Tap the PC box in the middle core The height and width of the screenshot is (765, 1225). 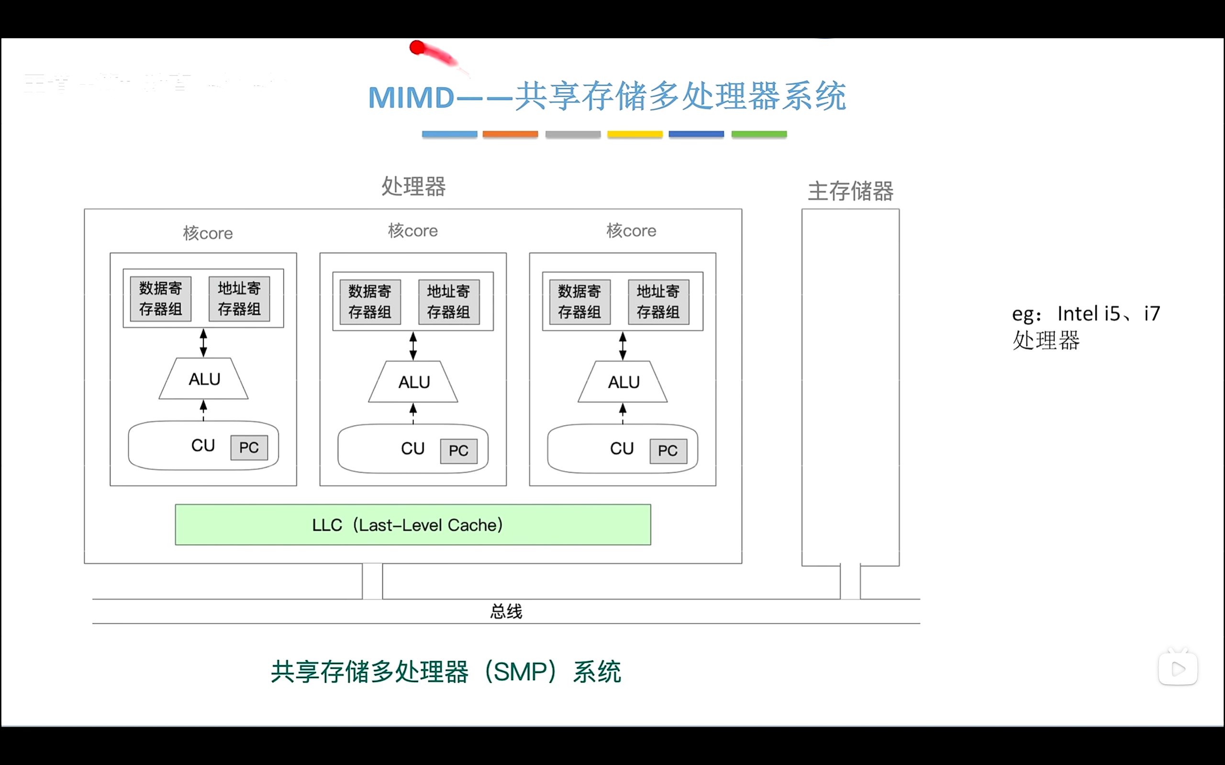pos(458,451)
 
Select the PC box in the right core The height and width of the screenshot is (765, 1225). pos(668,451)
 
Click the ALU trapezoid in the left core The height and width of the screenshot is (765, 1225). pos(204,379)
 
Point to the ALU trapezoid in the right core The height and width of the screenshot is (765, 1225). pos(623,382)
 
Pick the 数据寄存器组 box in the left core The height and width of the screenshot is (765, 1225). pos(160,298)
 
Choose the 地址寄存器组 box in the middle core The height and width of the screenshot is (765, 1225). pos(448,302)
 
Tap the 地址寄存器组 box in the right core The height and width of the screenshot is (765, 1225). pos(658,302)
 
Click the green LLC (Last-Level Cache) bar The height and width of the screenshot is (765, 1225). pos(412,525)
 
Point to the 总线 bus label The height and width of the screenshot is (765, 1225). pos(506,611)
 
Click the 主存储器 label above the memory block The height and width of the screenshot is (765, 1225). pos(850,191)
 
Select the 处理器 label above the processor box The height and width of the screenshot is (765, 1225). pos(413,186)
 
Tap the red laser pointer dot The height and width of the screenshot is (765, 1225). pos(417,47)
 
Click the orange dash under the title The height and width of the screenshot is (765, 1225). pos(510,134)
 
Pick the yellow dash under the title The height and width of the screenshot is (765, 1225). pos(635,134)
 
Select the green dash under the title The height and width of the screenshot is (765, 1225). pos(759,134)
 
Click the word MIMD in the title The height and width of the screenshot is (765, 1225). pos(411,97)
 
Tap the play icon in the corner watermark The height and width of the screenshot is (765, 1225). pos(1178,669)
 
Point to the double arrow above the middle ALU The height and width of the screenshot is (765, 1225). pos(413,346)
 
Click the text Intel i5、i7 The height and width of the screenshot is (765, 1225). pos(1108,314)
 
